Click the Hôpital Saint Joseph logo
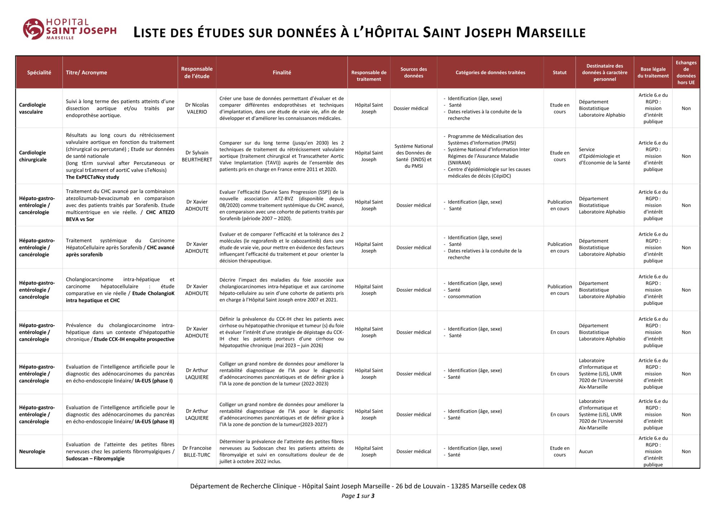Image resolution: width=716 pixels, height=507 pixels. point(69,29)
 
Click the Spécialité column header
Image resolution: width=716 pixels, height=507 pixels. point(39,72)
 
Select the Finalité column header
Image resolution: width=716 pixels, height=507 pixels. point(282,72)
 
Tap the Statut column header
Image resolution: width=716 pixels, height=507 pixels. point(560,72)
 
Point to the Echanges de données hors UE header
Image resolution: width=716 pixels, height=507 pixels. point(686,72)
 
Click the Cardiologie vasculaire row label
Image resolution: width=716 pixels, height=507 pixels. point(33,108)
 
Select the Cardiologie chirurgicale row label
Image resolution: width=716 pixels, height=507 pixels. point(33,156)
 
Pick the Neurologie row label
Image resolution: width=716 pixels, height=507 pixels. point(32,451)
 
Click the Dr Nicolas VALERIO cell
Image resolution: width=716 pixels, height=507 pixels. point(197,108)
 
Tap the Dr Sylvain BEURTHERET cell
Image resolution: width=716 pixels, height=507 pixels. point(197,156)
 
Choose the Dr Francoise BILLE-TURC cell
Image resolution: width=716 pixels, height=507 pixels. point(197,451)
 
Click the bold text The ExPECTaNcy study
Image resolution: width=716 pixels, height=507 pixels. point(92,177)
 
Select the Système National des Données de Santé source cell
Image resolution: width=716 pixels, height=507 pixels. point(413,156)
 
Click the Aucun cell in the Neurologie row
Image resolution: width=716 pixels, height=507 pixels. point(586,451)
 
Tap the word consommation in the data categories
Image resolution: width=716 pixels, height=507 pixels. point(464,297)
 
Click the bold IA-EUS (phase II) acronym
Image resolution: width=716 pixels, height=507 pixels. point(155,422)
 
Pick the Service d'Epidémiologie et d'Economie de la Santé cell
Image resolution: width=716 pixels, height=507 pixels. point(604,156)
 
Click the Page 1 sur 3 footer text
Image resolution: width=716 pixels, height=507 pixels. point(358,496)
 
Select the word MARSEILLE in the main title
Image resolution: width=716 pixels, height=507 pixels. point(551,33)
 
